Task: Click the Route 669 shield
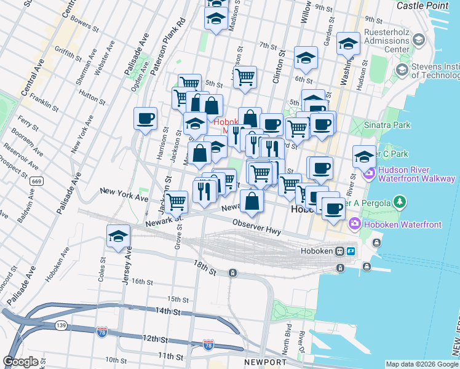coord(36,181)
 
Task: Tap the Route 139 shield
coord(61,324)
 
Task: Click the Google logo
coord(20,362)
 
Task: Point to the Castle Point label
coord(424,6)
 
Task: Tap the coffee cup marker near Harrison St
coord(145,119)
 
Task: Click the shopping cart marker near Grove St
coord(176,200)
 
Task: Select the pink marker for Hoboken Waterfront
coord(355,223)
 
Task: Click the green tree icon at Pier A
coord(400,201)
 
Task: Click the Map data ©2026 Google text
coord(421,364)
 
